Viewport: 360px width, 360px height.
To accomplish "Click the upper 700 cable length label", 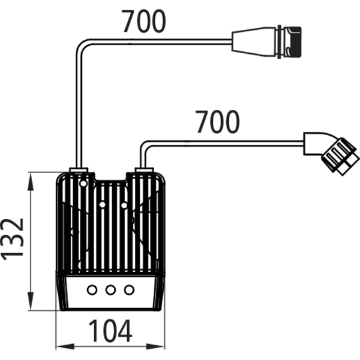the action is (143, 21).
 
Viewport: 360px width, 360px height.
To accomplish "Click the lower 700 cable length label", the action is (217, 122).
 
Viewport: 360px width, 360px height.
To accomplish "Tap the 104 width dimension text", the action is (110, 331).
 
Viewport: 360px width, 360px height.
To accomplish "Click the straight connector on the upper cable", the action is (267, 42).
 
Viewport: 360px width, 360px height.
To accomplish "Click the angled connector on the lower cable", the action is (331, 152).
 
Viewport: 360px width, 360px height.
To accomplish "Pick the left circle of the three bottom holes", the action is (92, 289).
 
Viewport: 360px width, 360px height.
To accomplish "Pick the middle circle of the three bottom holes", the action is (110, 289).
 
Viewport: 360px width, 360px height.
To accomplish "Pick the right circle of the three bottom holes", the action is (129, 289).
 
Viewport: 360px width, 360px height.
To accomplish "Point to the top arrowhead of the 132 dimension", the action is (31, 182).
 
